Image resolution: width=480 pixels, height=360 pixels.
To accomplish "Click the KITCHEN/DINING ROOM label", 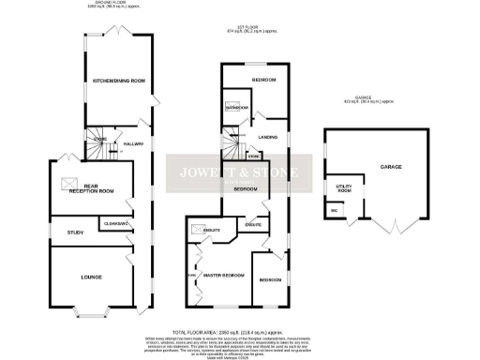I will pos(118,82).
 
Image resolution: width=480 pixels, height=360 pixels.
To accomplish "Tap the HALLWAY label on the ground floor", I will pos(133,143).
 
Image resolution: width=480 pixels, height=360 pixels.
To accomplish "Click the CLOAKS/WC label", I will pos(115,223).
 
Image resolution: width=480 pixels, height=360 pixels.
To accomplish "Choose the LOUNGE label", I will pos(91,277).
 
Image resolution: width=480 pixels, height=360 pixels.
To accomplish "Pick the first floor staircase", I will pos(232,148).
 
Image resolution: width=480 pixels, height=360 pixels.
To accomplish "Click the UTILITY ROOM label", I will pos(341,189).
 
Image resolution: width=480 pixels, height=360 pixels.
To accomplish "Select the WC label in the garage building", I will pos(334,211).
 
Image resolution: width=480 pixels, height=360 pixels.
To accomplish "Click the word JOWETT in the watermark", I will pos(203,172).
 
